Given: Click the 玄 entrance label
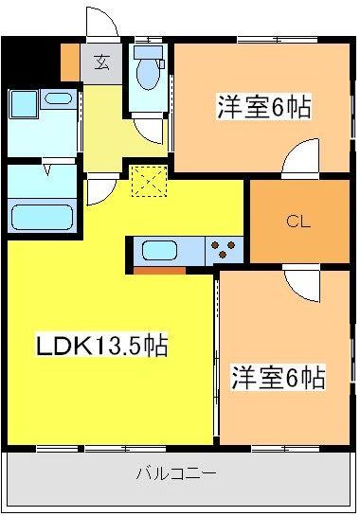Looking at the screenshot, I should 99,64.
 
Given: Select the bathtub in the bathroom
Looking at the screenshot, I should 44,214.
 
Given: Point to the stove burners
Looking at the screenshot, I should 226,250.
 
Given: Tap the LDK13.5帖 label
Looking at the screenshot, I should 101,346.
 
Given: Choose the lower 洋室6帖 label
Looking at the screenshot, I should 279,378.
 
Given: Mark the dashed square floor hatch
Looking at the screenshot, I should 147,181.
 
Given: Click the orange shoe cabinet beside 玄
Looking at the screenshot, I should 70,62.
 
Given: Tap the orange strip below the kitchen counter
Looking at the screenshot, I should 159,269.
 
